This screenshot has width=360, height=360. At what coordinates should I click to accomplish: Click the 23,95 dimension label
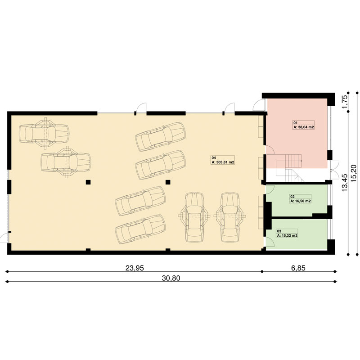point(135,268)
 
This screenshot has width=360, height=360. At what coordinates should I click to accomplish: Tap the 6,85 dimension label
point(298,268)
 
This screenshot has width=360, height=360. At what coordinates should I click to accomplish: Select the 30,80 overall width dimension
point(171,278)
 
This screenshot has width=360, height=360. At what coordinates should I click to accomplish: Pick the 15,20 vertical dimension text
point(354,174)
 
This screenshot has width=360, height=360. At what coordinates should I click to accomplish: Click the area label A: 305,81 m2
point(223,162)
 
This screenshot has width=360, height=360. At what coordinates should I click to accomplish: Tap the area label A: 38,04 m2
point(303,127)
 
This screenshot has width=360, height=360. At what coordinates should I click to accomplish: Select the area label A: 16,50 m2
point(301,201)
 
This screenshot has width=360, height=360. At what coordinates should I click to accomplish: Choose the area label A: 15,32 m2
point(287,235)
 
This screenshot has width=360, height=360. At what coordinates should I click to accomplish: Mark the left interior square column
point(88,182)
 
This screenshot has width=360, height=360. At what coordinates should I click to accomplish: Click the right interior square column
point(168,182)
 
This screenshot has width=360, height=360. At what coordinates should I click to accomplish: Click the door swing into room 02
point(270,189)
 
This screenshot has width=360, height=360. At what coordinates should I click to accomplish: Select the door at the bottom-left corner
point(4,238)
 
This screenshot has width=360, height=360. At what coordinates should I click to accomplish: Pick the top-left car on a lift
point(44,133)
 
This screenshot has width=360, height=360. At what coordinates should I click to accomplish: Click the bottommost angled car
point(140,229)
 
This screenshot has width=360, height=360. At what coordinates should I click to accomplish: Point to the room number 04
point(213,158)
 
